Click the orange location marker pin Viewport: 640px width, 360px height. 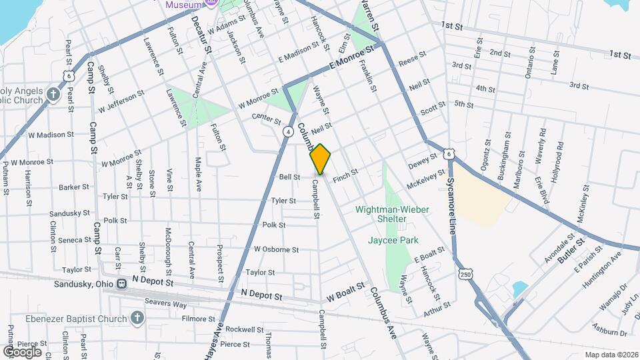pyautogui.click(x=321, y=159)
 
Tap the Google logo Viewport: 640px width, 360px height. pyautogui.click(x=22, y=351)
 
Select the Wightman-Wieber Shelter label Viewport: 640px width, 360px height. pyautogui.click(x=391, y=213)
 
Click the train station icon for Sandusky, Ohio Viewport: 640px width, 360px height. pyautogui.click(x=121, y=283)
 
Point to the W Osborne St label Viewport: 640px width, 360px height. pyautogui.click(x=276, y=249)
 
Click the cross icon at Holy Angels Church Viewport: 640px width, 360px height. pyautogui.click(x=54, y=95)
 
